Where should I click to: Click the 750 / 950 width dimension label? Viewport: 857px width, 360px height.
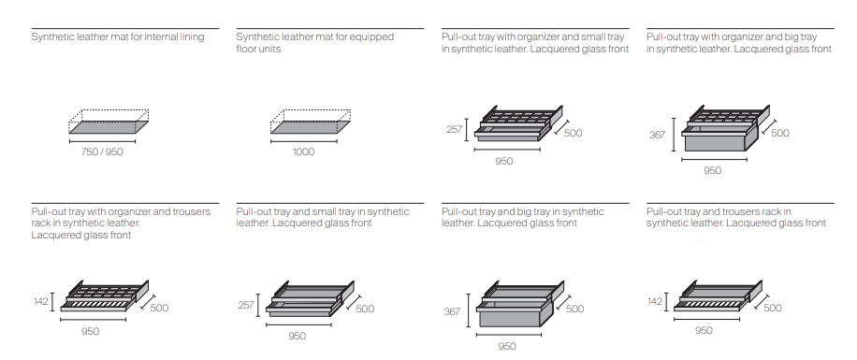(102, 151)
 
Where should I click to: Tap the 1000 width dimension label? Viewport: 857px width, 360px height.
(304, 151)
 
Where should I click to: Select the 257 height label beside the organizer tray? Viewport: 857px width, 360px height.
(454, 130)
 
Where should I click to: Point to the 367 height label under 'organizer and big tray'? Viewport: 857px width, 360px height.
(658, 135)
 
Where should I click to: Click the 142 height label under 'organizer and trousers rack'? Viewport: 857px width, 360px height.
(41, 301)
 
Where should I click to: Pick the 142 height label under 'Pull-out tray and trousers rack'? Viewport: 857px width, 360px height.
(655, 301)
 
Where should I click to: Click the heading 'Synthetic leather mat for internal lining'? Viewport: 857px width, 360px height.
(118, 37)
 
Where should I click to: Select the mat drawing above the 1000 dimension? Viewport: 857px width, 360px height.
(311, 122)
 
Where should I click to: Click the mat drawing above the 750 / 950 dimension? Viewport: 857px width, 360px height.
(109, 122)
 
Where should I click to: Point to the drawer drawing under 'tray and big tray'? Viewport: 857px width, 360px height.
(520, 303)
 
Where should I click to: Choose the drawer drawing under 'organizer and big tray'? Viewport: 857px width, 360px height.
(725, 128)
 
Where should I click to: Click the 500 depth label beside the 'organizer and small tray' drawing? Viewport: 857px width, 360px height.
(573, 133)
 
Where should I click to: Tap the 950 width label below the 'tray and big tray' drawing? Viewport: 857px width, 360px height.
(507, 346)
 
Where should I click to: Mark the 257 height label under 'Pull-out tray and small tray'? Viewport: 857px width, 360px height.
(246, 305)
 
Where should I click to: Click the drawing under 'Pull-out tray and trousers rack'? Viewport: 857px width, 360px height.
(718, 296)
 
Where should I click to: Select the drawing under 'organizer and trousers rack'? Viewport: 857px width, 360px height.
(105, 295)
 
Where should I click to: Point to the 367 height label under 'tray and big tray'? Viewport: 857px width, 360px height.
(452, 311)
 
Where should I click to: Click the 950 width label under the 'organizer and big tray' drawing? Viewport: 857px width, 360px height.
(712, 170)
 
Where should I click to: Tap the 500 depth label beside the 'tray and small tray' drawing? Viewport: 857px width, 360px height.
(365, 309)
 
